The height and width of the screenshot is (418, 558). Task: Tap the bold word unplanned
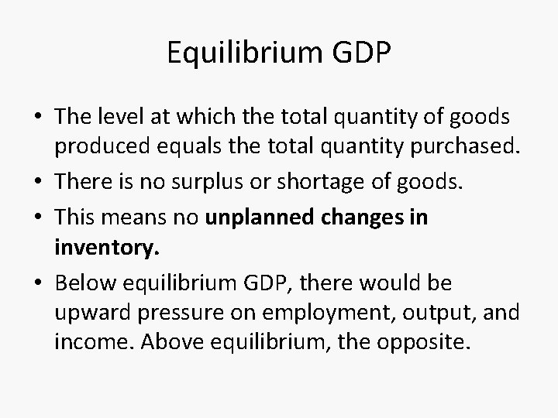pyautogui.click(x=257, y=218)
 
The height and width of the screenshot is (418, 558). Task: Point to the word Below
pyautogui.click(x=82, y=284)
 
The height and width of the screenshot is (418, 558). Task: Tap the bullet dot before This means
pyautogui.click(x=40, y=218)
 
